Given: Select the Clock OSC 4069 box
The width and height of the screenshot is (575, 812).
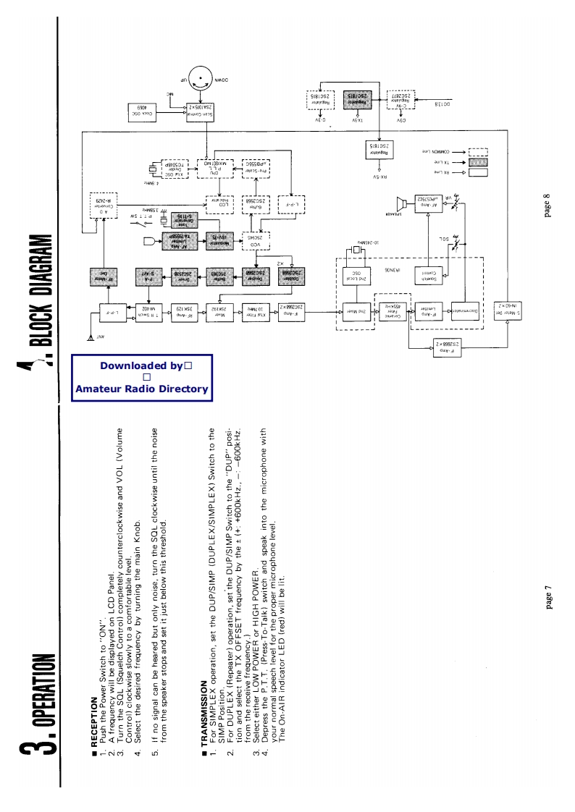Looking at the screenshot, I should coord(147,110).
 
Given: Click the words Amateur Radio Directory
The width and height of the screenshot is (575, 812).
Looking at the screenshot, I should coord(142,389).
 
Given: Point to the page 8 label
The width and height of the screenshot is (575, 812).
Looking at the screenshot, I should coord(547,204).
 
